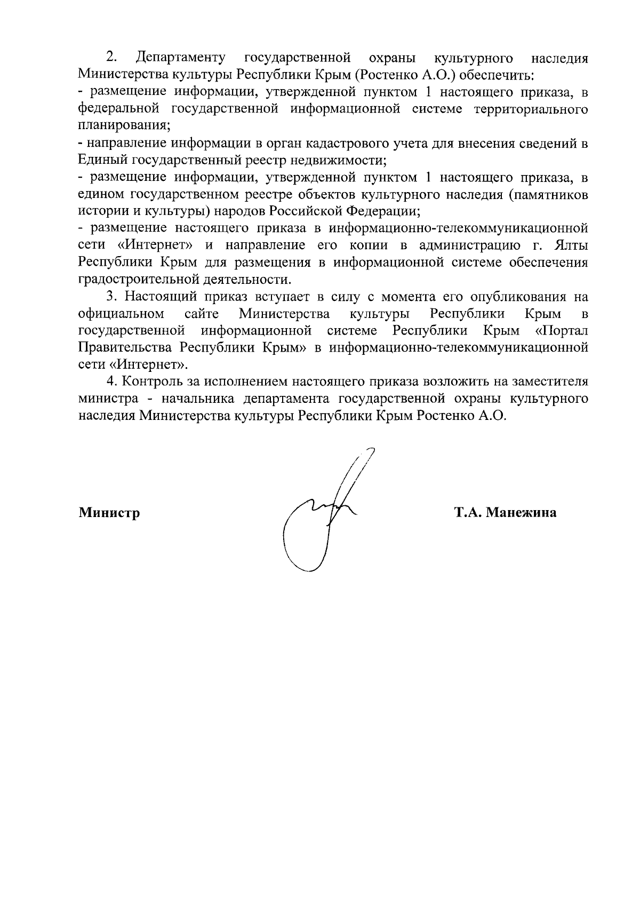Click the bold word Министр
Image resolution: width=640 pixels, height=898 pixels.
(x=109, y=513)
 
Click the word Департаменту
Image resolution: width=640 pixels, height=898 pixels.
(x=181, y=58)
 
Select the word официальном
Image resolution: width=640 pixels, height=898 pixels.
(x=121, y=314)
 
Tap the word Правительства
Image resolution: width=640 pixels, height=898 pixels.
(x=125, y=348)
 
